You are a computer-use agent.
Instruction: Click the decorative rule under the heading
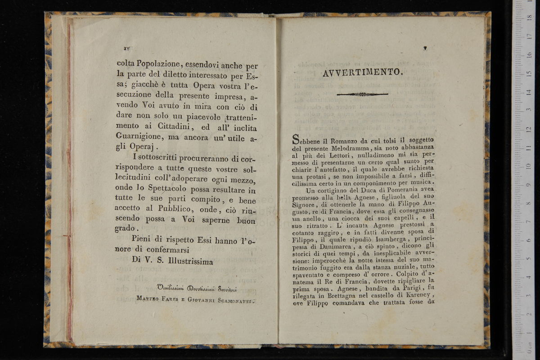tap(362, 94)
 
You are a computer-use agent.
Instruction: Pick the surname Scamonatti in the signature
tap(231, 301)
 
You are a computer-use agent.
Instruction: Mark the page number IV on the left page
tap(127, 48)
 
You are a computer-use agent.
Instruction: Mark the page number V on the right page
tap(425, 48)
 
